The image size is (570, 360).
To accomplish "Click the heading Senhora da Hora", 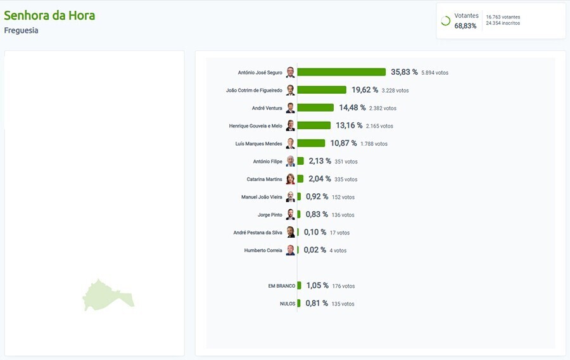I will (x=49, y=15).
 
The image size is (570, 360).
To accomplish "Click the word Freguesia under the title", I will (x=21, y=30).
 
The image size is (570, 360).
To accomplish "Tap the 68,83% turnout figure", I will (x=465, y=26).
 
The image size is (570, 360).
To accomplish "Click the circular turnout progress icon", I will (x=445, y=21).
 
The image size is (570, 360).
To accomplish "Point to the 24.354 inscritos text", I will (x=503, y=23).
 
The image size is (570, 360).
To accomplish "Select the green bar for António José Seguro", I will (x=341, y=72).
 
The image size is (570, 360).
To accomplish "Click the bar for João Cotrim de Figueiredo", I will (x=322, y=90).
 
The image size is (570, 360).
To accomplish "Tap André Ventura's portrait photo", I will (x=290, y=108).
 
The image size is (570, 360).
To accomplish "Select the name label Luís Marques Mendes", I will (x=258, y=144).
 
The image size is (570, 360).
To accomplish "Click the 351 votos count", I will (x=346, y=162).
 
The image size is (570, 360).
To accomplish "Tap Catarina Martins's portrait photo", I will (x=290, y=179).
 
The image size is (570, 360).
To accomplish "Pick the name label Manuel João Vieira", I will (x=262, y=197).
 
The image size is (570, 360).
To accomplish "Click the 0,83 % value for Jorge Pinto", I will (x=317, y=214).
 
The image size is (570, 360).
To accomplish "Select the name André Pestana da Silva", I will (x=258, y=233).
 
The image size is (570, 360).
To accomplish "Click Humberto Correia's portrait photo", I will (x=290, y=250).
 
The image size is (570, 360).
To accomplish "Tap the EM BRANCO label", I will (x=281, y=286).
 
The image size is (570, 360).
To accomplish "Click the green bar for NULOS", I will (x=299, y=304).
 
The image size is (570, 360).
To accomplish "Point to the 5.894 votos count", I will (x=434, y=73).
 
